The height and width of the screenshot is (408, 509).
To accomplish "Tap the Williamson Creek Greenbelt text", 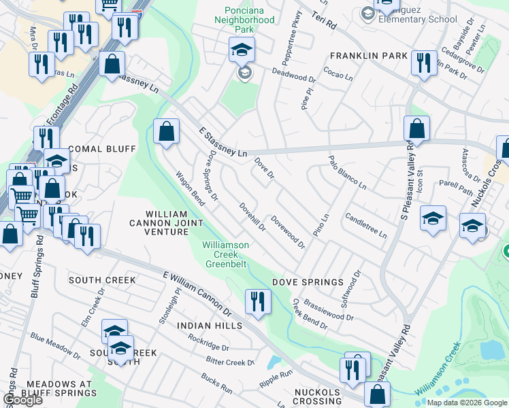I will (x=226, y=254).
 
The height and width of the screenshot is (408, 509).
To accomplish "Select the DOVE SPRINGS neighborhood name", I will (x=308, y=282).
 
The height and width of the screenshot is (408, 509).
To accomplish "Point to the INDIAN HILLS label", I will (x=210, y=326).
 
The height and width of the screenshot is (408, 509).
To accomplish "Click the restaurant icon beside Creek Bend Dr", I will (x=258, y=301).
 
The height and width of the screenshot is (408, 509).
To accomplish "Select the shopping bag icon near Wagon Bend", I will (x=166, y=131).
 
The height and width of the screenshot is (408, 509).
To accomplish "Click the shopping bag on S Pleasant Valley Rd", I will (x=416, y=128).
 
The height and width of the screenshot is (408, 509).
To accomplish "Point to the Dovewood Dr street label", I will (x=287, y=232).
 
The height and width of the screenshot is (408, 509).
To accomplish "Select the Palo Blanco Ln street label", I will (x=347, y=173).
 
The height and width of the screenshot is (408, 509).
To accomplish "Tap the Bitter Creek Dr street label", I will (x=231, y=362).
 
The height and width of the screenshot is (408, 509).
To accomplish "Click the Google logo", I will (x=22, y=400).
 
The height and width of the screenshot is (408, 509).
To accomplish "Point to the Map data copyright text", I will (x=467, y=403).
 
